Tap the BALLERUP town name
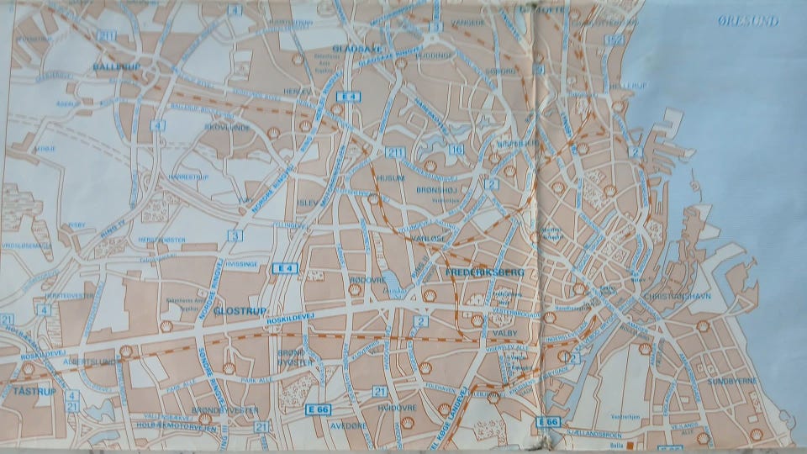115,65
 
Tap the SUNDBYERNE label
733,380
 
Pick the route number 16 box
457,150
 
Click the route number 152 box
618,40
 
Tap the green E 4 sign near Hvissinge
285,268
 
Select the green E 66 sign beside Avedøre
316,409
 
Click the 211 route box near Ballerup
107,35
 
